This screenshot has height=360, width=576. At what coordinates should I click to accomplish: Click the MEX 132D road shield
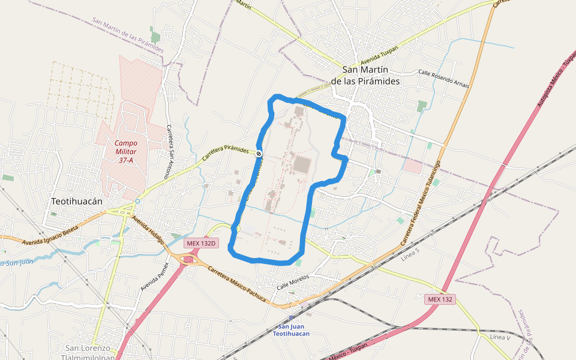click(201, 243)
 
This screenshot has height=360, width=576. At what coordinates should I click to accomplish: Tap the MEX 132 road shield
click(441, 299)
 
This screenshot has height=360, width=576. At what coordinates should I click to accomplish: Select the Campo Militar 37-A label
click(126, 152)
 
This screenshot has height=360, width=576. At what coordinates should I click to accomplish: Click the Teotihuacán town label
click(77, 202)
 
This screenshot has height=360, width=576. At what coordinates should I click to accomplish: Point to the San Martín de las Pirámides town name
click(365, 75)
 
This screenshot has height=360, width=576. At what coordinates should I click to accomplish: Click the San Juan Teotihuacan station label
click(292, 329)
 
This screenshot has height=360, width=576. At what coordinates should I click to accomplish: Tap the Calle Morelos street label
click(292, 283)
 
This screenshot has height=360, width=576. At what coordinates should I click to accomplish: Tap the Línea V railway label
click(500, 337)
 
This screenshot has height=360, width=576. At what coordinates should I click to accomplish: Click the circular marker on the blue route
click(259, 154)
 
